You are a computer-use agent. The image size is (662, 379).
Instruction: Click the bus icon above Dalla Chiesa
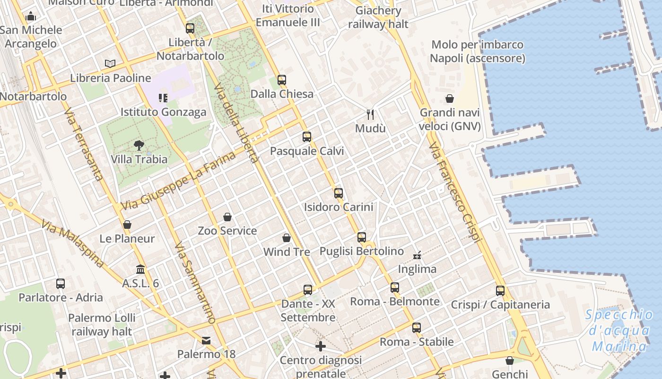point(282,80)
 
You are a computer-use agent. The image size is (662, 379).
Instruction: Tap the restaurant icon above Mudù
point(370,114)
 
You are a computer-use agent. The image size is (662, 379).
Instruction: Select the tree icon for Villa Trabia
point(139,145)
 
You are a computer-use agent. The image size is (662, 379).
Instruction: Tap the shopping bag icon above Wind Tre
point(286,238)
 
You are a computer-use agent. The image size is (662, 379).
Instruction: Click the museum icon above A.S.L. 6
point(140,270)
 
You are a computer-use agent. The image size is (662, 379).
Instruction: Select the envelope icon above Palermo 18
point(206,341)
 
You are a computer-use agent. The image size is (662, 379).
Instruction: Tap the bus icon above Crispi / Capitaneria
point(500,291)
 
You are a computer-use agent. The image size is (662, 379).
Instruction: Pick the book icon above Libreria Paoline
point(110,63)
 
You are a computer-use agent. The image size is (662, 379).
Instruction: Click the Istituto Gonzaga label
point(163,112)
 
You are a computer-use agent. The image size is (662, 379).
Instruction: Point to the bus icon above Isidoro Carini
point(338,193)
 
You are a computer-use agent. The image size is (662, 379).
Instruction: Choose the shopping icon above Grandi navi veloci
point(449,99)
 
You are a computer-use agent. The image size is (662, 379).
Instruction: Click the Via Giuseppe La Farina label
point(178,181)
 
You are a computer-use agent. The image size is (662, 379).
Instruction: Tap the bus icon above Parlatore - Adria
point(61,284)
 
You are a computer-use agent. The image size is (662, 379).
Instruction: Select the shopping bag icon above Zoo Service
point(227,217)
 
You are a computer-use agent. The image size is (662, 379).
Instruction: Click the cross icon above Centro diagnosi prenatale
point(321,346)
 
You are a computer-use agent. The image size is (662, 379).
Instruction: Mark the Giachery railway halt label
point(378,18)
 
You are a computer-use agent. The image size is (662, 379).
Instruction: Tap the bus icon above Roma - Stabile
point(416,328)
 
